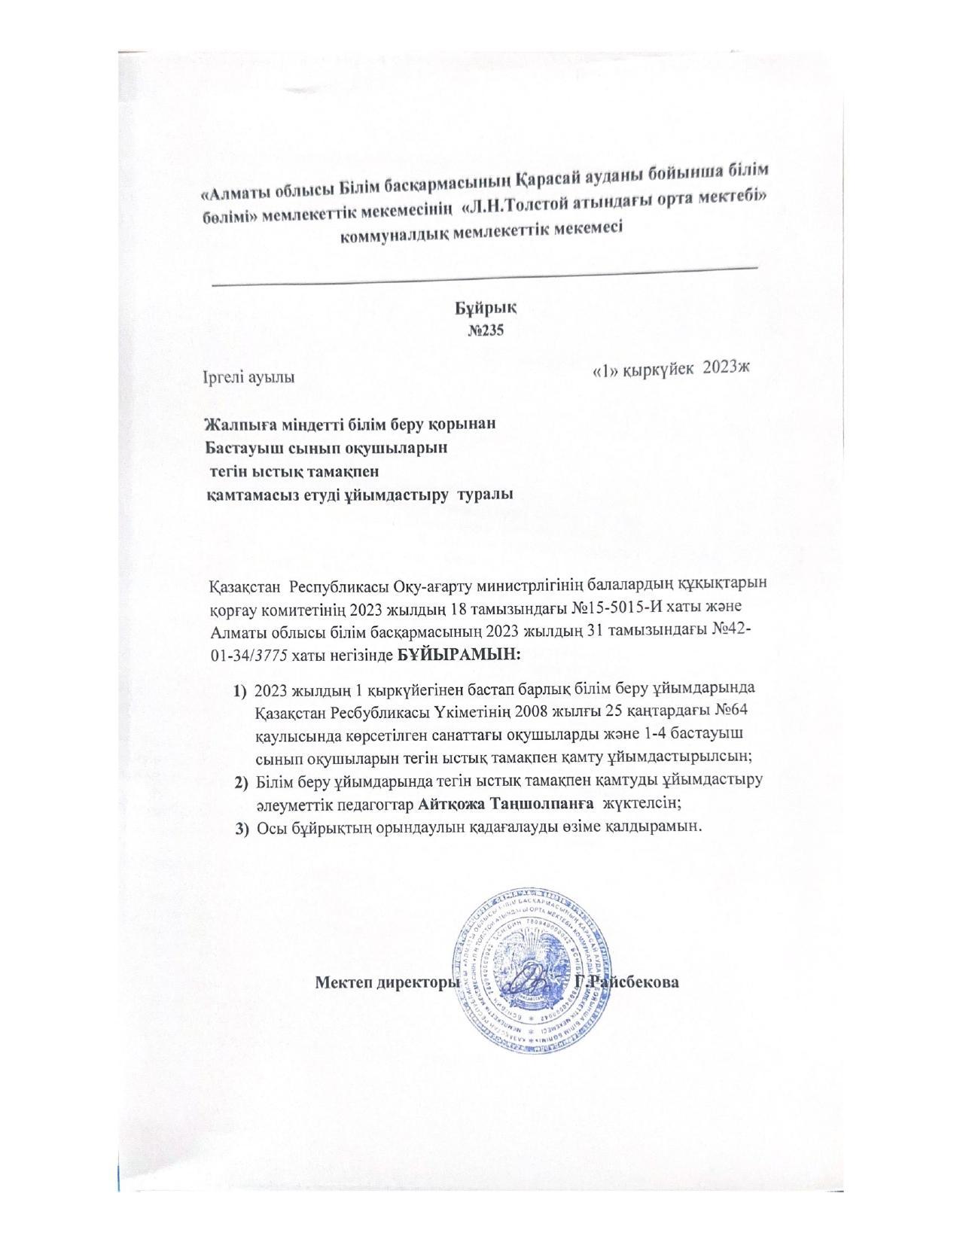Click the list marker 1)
click(241, 689)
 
